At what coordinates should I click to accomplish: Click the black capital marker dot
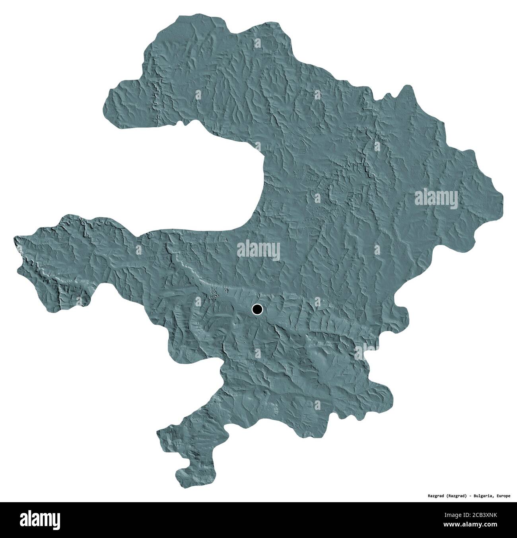pos(257,309)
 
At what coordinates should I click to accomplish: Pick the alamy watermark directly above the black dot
pos(258,251)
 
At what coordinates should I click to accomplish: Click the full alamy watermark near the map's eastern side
pos(436,197)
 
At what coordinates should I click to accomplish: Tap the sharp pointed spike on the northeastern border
pos(406,86)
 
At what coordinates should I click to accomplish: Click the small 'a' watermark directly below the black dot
pos(258,352)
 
